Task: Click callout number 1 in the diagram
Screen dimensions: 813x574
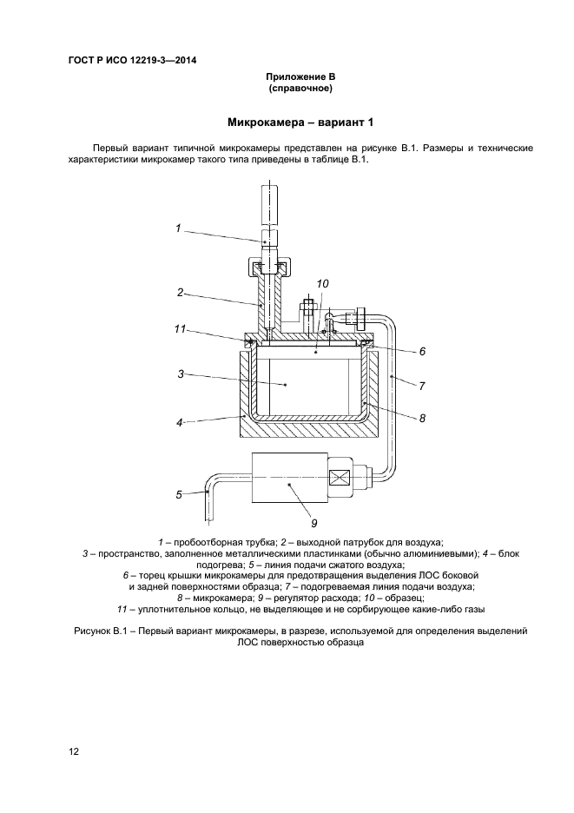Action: [177, 228]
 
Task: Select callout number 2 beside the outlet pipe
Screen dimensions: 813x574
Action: [180, 293]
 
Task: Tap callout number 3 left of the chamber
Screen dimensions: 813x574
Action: [180, 373]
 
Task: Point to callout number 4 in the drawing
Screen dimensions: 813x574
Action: [179, 423]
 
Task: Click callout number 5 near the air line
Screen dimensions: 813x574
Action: [178, 494]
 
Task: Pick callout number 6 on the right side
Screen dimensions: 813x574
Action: [421, 352]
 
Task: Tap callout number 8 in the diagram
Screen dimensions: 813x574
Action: [421, 418]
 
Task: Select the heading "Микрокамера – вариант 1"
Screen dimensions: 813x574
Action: [300, 122]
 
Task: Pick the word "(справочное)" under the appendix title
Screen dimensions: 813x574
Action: [300, 88]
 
